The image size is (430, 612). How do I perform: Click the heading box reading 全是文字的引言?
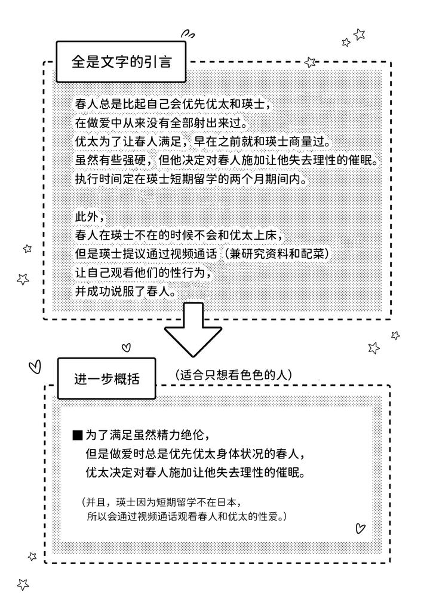click(120, 62)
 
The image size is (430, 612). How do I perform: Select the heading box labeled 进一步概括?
click(107, 379)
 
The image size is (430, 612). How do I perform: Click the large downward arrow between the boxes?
click(193, 334)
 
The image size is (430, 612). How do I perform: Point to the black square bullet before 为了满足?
click(76, 434)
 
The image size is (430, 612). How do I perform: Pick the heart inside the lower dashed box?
click(360, 528)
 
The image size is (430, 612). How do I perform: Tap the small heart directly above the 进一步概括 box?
click(125, 347)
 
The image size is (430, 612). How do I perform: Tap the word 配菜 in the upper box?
click(318, 253)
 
